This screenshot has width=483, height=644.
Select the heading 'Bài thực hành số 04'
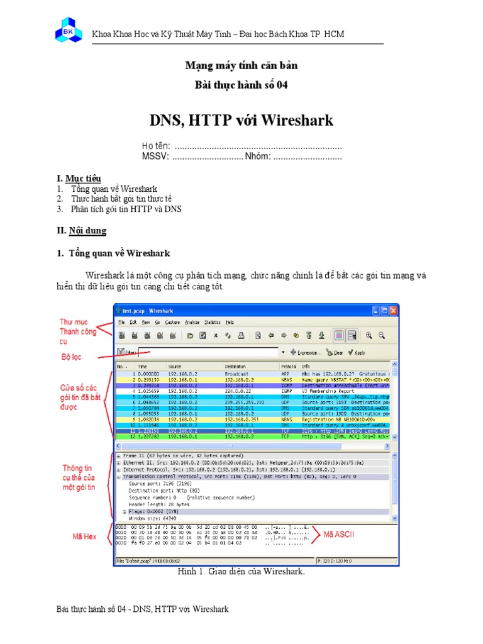point(241,85)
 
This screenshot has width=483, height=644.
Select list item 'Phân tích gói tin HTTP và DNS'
point(126,209)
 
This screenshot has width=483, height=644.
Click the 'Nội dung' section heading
point(87,231)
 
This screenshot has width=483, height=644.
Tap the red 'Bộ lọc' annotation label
point(72,357)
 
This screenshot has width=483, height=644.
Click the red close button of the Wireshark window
point(393,310)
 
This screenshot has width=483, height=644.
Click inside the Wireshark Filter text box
point(208,353)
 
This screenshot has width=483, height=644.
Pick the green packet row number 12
point(252,436)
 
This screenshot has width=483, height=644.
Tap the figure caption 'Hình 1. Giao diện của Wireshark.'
point(242,572)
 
